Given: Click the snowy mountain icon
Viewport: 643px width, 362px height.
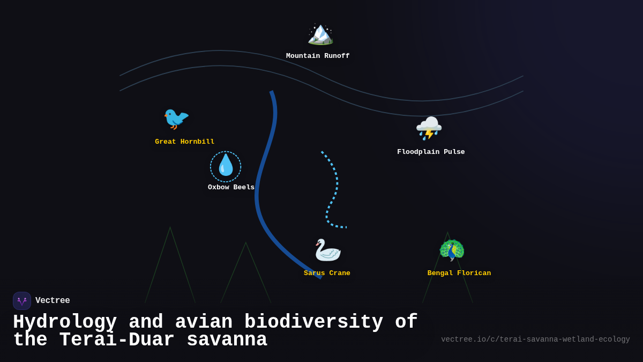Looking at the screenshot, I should (x=320, y=33).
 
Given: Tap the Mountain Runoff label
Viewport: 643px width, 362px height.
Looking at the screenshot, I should (x=318, y=56).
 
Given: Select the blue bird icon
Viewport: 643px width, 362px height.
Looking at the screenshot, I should (x=176, y=118).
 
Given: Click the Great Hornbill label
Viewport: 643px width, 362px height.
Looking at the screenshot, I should (x=185, y=142).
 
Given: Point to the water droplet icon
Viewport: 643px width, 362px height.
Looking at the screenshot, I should (x=226, y=166).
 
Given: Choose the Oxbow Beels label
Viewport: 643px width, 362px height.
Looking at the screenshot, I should (x=231, y=187).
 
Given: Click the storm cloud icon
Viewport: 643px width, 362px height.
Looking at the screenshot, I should (x=429, y=128).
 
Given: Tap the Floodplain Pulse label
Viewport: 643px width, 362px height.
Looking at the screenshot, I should (x=431, y=152).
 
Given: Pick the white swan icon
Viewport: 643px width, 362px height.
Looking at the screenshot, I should (x=327, y=250).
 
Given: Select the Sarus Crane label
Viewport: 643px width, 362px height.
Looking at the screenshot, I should (x=327, y=273).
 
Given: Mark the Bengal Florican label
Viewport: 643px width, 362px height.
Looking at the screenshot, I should (x=459, y=273).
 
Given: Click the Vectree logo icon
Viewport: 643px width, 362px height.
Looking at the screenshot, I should (x=22, y=301).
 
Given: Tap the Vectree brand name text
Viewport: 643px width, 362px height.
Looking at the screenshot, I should (x=53, y=301).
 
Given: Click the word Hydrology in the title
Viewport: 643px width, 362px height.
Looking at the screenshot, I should (x=65, y=322).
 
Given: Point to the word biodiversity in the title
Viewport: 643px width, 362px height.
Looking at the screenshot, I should (x=313, y=322).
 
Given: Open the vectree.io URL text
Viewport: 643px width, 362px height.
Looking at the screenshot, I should (x=535, y=339).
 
